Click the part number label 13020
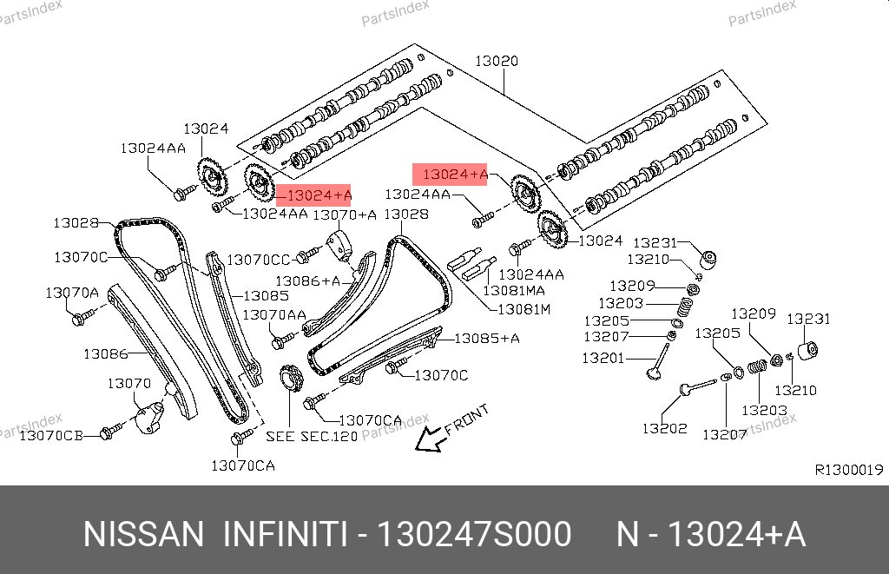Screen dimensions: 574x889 coord(496,62)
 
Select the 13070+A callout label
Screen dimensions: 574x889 coord(345,214)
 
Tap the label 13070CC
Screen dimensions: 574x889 coord(259,259)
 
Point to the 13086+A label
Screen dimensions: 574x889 coord(307,280)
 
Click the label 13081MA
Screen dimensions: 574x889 coord(514,291)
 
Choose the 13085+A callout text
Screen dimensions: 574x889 coord(487,338)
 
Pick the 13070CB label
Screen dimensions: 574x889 coord(50,435)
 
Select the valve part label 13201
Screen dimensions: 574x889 coord(603,358)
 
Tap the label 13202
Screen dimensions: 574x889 coord(664,428)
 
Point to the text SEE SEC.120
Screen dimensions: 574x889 coord(311,436)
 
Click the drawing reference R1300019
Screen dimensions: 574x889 coord(848,470)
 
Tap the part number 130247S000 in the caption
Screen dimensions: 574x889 coord(472,534)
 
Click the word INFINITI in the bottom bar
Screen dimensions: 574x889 coord(286,534)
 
